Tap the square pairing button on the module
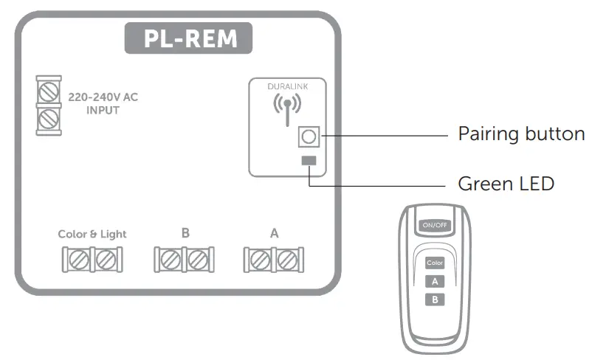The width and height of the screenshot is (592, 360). pos(309,136)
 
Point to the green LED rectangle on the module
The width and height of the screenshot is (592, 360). pos(309,161)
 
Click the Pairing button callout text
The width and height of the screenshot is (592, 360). pos(521,134)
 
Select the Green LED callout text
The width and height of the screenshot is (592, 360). pos(506,183)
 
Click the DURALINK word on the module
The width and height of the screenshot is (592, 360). pos(287,87)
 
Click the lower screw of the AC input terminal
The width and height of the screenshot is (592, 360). pos(48,117)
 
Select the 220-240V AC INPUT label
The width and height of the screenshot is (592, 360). pos(102,103)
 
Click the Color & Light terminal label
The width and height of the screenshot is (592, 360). pos(92,234)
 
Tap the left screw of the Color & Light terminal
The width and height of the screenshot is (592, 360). pos(78,260)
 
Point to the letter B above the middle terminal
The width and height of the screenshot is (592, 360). pos(185,232)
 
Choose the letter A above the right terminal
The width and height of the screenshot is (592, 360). pos(274,232)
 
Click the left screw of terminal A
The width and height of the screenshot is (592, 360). pos(260,260)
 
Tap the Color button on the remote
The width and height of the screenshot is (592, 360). pos(435,263)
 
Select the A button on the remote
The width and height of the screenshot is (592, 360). pos(435,280)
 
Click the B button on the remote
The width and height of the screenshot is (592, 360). pos(435,299)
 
